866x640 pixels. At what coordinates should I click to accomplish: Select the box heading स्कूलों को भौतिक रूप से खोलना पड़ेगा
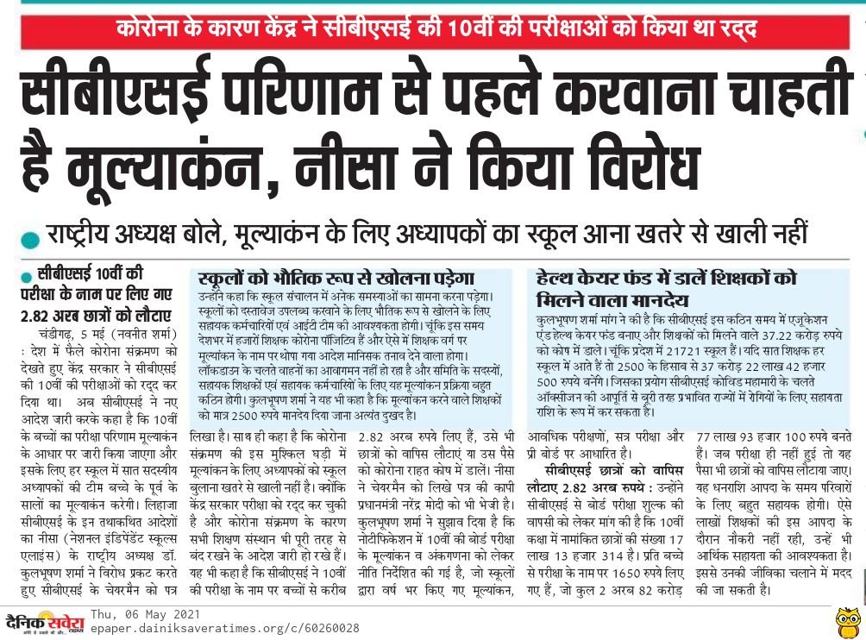coord(336,278)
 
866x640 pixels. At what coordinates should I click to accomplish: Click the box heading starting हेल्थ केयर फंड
coord(666,279)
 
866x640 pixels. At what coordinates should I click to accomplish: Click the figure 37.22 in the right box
coord(764,333)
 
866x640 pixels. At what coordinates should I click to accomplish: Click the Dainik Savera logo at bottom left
coord(45,621)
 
